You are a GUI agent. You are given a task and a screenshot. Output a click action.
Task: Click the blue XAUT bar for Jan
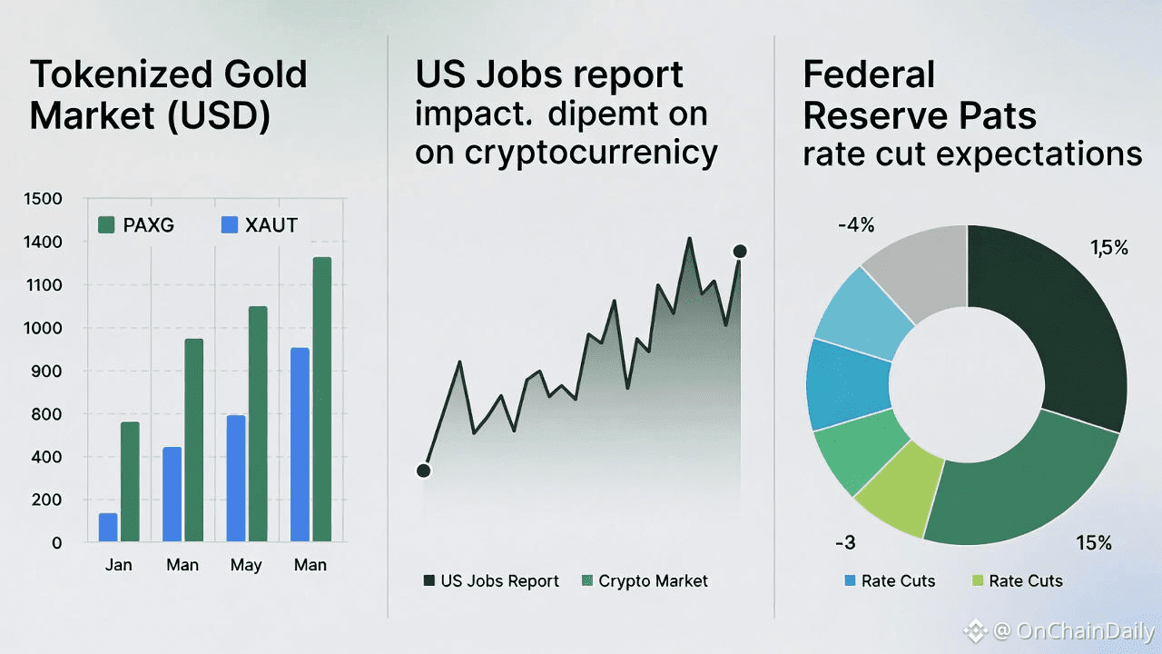tap(108, 528)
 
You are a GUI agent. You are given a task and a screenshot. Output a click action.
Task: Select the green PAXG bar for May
tap(258, 424)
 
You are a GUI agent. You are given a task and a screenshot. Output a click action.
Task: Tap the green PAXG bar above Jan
tap(130, 481)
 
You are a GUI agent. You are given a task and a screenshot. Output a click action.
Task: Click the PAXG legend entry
tap(135, 224)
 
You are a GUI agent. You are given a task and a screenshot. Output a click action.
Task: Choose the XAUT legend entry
tap(260, 224)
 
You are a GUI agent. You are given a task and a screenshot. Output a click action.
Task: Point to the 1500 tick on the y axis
tap(44, 199)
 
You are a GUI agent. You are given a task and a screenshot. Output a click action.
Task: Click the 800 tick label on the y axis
tap(44, 414)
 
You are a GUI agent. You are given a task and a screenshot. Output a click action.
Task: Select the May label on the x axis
tap(246, 565)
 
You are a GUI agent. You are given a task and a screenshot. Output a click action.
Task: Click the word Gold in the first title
tap(256, 74)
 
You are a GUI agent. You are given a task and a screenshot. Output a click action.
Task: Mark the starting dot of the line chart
tap(423, 470)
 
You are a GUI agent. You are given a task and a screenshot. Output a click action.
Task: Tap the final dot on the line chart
tap(740, 251)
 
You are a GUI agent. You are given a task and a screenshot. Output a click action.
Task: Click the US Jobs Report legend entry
tap(491, 581)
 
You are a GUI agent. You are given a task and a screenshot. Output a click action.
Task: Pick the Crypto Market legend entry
tap(644, 581)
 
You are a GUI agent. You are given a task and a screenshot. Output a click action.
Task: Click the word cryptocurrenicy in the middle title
tap(590, 152)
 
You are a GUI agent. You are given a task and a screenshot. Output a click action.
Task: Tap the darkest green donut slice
tap(1053, 327)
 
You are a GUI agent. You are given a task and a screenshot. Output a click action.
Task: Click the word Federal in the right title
tap(869, 74)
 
